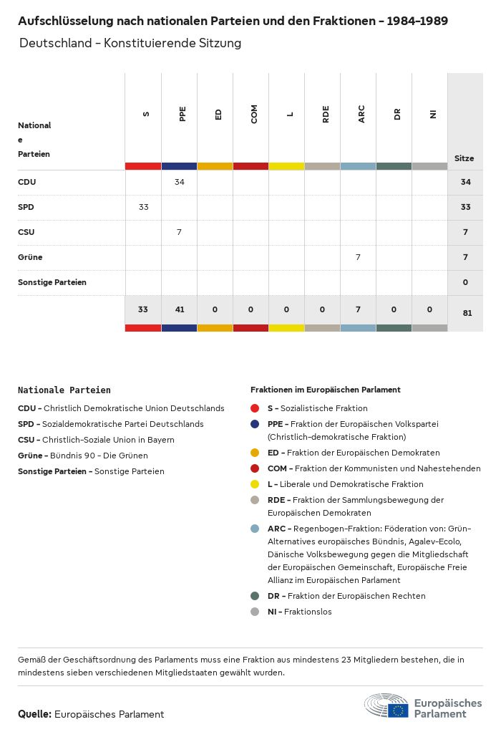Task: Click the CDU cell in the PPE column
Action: click(179, 182)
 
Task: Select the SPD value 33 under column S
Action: click(143, 207)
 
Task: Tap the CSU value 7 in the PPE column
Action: click(179, 232)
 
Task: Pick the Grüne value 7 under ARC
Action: click(358, 256)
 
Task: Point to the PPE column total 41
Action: click(179, 309)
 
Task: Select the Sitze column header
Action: click(464, 158)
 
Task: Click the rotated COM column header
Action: click(254, 114)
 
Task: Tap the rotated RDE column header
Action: click(326, 114)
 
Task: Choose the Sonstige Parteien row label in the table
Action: click(52, 282)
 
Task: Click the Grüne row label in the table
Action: click(30, 257)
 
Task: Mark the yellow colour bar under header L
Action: click(286, 166)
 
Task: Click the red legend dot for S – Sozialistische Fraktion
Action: click(255, 408)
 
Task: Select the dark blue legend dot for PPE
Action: click(255, 424)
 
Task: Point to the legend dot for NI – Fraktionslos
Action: click(255, 612)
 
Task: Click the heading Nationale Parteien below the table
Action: click(64, 390)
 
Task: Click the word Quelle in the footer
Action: click(34, 714)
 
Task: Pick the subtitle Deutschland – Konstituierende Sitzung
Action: click(130, 43)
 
